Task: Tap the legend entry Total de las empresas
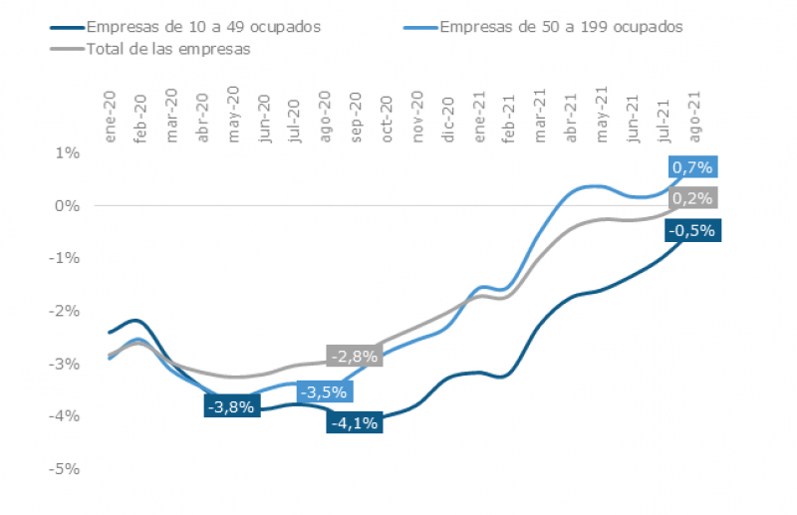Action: pyautogui.click(x=168, y=47)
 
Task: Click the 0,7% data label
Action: pyautogui.click(x=692, y=167)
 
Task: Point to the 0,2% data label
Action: pyautogui.click(x=692, y=198)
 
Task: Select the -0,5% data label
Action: pyautogui.click(x=691, y=231)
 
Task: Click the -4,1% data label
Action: pyautogui.click(x=353, y=422)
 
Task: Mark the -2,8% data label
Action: pyautogui.click(x=353, y=357)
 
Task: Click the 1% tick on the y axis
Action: pyautogui.click(x=67, y=152)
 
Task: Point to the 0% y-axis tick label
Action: pyautogui.click(x=67, y=205)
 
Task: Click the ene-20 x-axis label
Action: pyautogui.click(x=111, y=118)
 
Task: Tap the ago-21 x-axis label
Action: pyautogui.click(x=694, y=118)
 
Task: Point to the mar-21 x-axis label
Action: pyautogui.click(x=541, y=118)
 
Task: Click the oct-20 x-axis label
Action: pyautogui.click(x=387, y=119)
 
